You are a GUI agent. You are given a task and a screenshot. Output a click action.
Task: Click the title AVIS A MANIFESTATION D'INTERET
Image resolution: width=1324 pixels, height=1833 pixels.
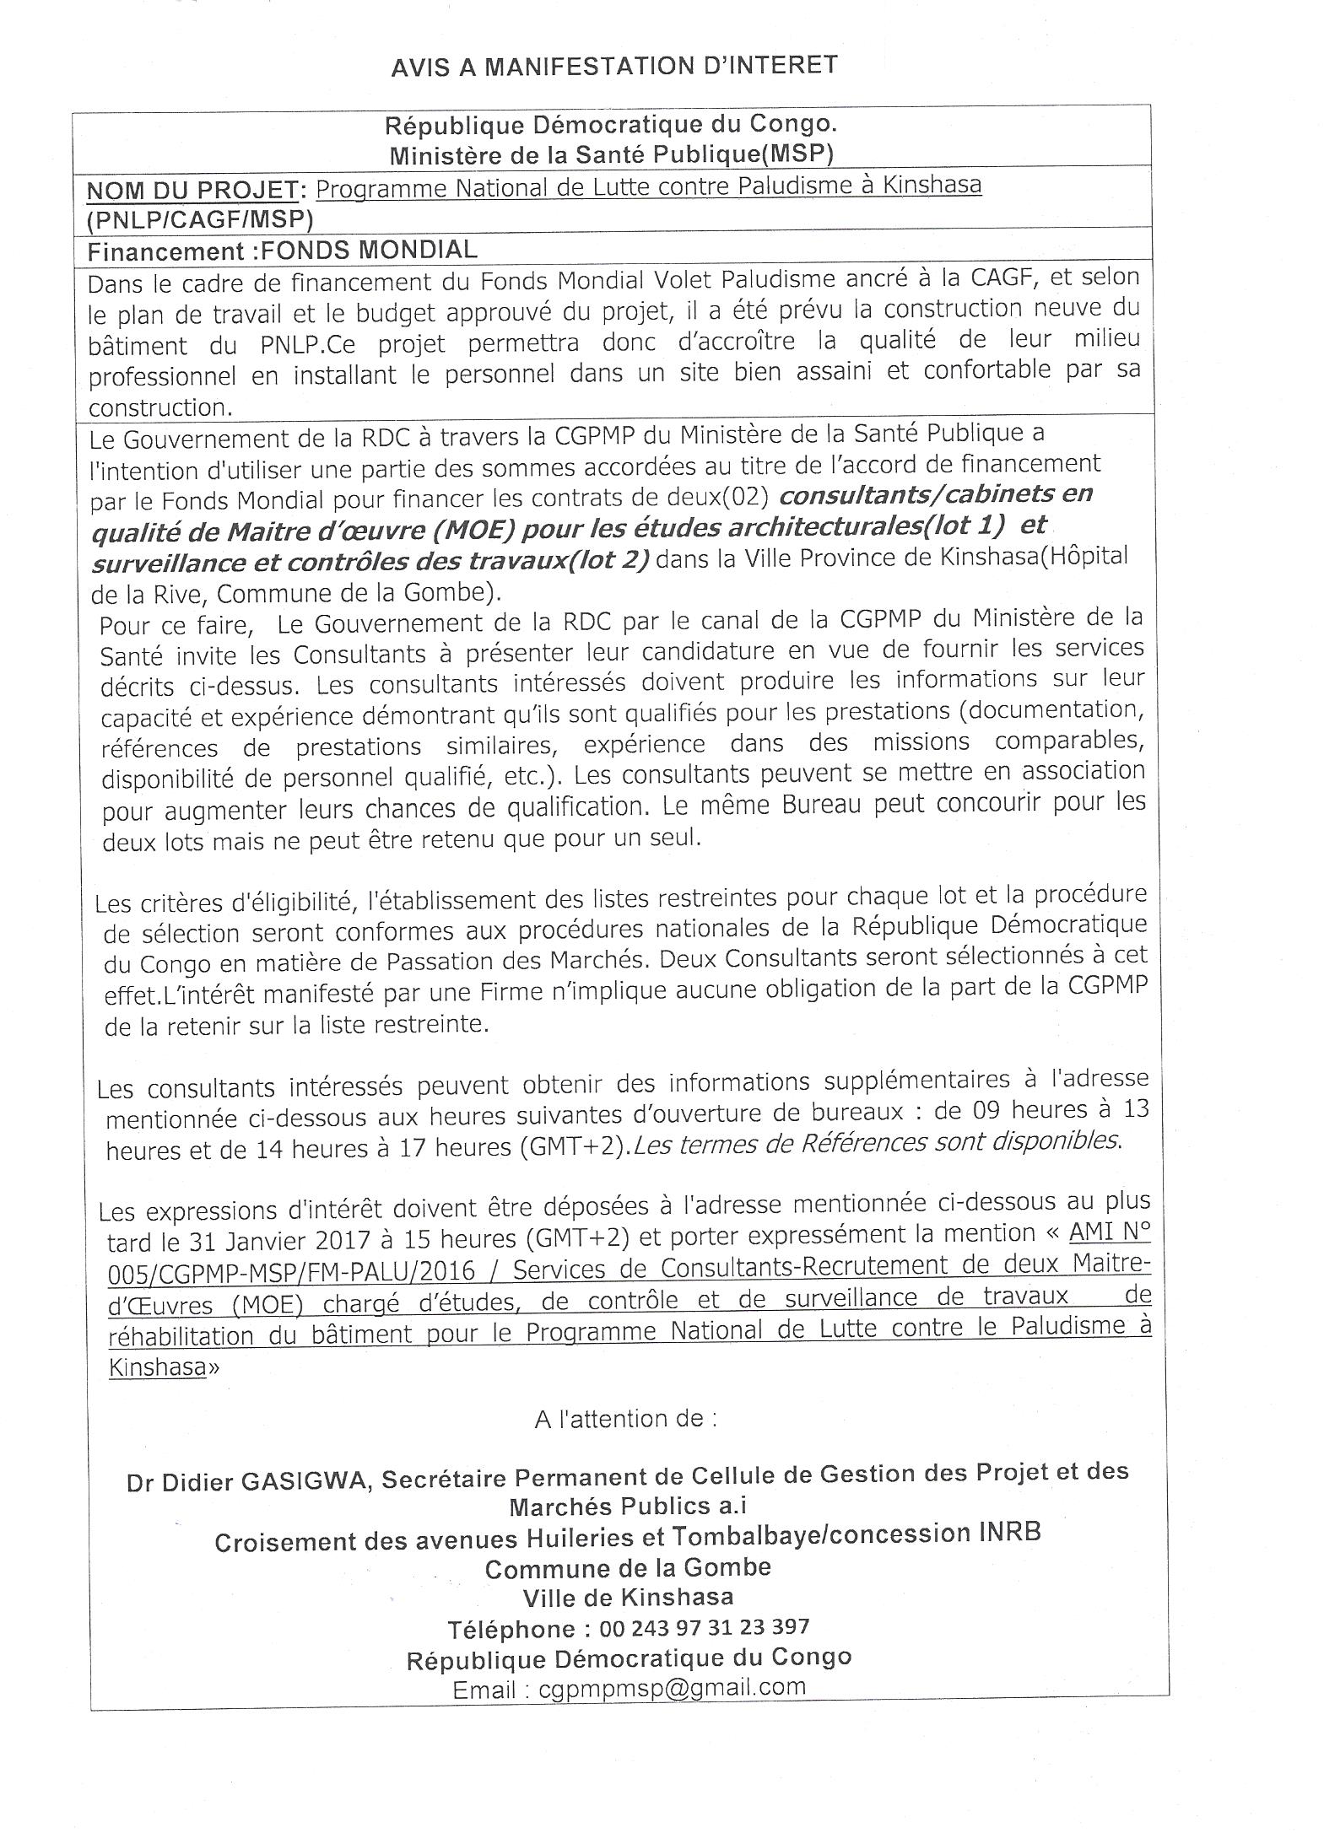(x=613, y=66)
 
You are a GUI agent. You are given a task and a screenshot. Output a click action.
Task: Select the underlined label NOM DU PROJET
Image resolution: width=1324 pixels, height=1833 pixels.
(x=193, y=191)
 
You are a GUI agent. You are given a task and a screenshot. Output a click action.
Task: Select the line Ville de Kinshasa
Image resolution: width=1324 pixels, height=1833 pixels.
(x=628, y=1597)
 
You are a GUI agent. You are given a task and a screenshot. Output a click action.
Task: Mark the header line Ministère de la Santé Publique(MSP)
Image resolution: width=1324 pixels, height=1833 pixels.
(x=611, y=154)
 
